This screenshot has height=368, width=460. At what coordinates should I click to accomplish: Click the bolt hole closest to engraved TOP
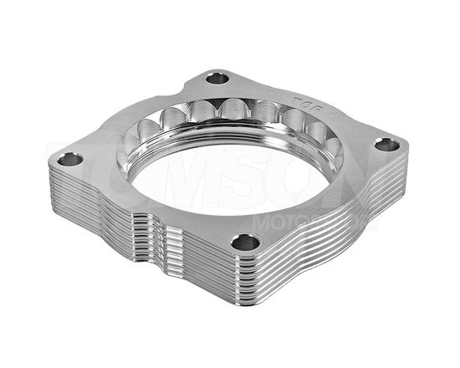click(x=386, y=145)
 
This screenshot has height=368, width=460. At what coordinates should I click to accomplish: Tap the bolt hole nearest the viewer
click(x=244, y=243)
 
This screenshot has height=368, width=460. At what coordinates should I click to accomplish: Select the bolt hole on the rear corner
click(x=217, y=78)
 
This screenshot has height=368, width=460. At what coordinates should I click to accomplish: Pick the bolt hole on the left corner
click(x=70, y=159)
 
